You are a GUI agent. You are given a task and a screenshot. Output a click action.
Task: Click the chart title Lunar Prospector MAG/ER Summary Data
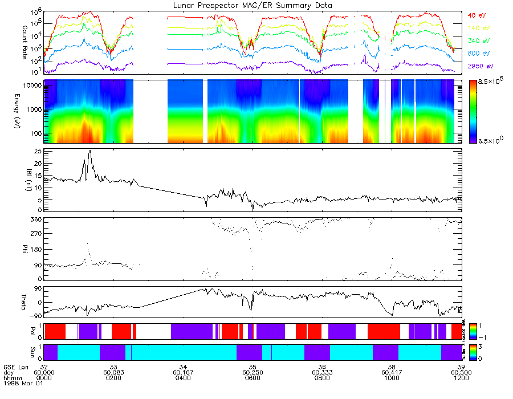pyautogui.click(x=253, y=5)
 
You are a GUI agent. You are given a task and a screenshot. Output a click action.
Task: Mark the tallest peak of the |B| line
pyautogui.click(x=90, y=151)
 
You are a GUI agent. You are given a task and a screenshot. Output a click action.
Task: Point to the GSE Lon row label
pyautogui.click(x=16, y=365)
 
